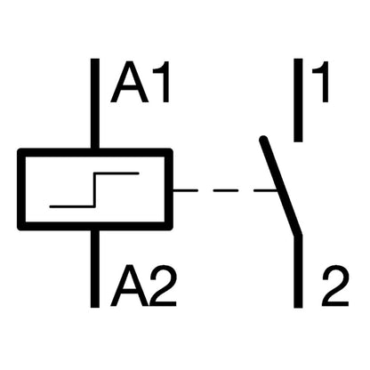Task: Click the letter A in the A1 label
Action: click(x=129, y=82)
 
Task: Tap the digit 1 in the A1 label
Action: click(x=162, y=82)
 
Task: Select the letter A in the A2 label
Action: click(x=129, y=286)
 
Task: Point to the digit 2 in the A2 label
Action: click(x=164, y=286)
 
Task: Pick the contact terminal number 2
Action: click(x=335, y=286)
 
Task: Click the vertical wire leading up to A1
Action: click(x=95, y=104)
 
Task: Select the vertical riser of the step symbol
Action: click(x=95, y=189)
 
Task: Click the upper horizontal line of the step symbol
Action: click(x=117, y=173)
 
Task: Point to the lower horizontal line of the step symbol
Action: click(x=72, y=206)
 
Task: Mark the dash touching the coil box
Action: click(x=185, y=190)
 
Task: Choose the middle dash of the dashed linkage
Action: click(x=226, y=190)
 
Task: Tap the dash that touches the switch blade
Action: click(x=266, y=190)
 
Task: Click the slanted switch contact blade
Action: click(x=280, y=186)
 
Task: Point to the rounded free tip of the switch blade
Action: click(x=263, y=140)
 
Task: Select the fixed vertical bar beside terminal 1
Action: click(x=298, y=101)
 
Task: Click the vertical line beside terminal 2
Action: click(x=298, y=271)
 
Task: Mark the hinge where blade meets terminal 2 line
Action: click(x=298, y=236)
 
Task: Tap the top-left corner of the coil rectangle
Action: click(x=21, y=152)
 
